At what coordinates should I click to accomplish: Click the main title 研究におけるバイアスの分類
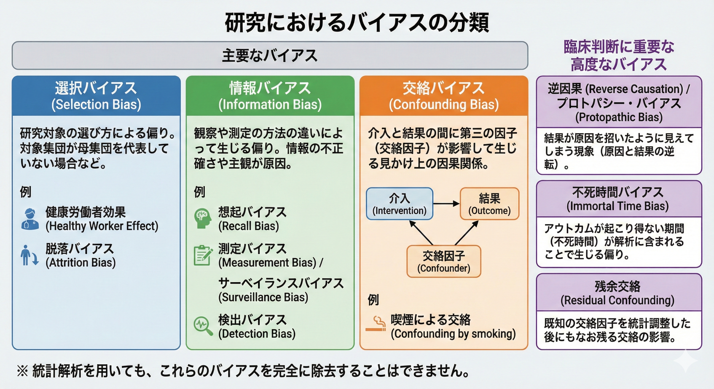coord(357,22)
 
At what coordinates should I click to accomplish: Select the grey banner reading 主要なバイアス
coord(270,56)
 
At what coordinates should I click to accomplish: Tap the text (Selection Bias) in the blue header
coord(96,105)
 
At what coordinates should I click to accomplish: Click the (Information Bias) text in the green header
coord(270,105)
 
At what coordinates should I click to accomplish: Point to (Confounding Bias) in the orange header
coord(444,105)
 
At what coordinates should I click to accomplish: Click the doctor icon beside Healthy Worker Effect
coord(30,219)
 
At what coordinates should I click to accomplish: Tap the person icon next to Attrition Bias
coord(29,255)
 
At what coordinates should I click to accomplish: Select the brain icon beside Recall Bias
coord(203,218)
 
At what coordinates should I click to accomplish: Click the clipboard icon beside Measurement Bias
coord(203,255)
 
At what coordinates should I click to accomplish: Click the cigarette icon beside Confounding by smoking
coord(376,324)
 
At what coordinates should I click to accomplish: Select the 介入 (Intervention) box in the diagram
coord(399,204)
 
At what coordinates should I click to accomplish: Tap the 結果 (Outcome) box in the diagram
coord(490,204)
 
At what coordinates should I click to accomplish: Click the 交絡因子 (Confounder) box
coord(444,261)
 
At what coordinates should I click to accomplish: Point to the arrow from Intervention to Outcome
coord(446,204)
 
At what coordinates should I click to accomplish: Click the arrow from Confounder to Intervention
coord(421,232)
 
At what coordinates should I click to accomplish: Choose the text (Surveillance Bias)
coord(263,297)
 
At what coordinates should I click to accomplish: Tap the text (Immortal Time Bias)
coord(618,206)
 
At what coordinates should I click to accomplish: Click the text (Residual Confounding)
coord(618,300)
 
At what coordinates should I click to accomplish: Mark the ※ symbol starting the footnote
coord(22,371)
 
